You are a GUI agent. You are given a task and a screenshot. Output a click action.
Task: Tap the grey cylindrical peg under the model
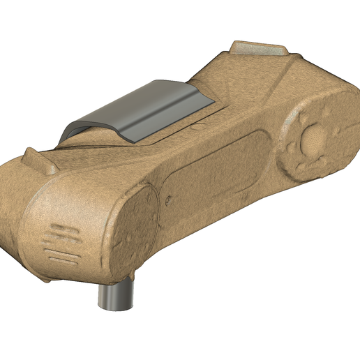pos(116,294)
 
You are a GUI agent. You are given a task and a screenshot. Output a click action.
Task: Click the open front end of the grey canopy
pos(77,128)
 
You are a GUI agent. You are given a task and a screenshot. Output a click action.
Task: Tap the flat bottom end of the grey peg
pos(114,306)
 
